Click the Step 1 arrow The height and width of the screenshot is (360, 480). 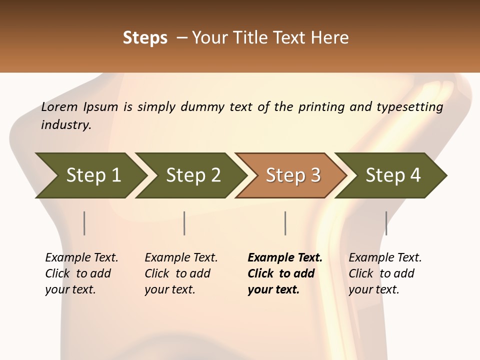pos(93,175)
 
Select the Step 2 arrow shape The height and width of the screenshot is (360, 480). pos(193,175)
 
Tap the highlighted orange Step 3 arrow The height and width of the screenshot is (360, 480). pos(293,175)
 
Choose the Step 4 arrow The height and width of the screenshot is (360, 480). pos(393,175)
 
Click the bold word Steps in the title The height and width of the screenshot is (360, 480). pos(145,38)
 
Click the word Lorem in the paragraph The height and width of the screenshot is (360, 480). pos(59,106)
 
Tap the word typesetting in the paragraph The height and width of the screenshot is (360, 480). pos(409,107)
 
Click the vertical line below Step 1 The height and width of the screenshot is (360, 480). pos(84,223)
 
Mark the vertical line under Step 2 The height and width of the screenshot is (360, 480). pos(184,223)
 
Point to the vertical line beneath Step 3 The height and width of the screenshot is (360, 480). pos(285,223)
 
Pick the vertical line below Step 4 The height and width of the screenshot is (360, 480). pos(386,223)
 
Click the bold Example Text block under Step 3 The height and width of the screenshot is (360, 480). pos(284,273)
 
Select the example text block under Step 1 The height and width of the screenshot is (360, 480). pos(81,273)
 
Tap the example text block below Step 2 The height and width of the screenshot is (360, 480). pos(181,273)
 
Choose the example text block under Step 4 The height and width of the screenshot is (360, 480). pos(385,273)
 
